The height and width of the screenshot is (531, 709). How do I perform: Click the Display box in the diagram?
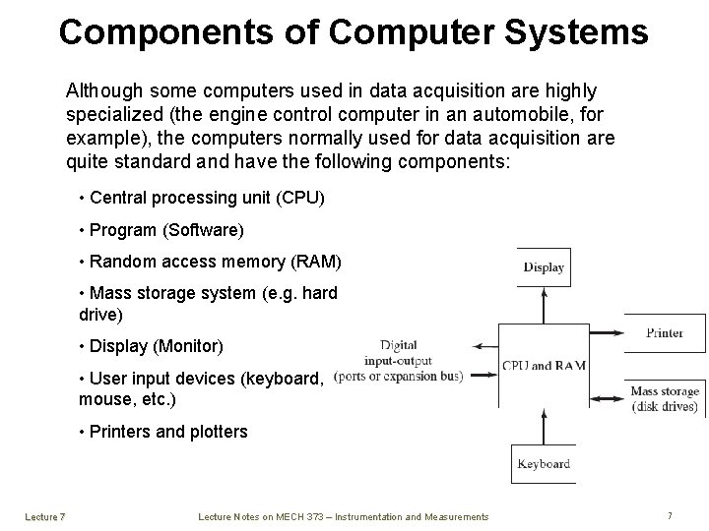pos(544,266)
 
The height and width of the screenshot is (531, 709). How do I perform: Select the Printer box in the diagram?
pos(665,333)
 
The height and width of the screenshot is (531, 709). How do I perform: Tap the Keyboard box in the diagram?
pos(543,463)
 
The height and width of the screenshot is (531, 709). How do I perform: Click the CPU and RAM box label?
pos(544,366)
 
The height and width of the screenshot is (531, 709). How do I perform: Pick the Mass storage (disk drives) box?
pos(665,398)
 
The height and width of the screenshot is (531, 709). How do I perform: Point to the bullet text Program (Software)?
pos(166,230)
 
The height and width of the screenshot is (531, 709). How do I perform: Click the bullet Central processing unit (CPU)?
pos(206,198)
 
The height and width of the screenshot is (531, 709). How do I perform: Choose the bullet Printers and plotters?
pos(168,432)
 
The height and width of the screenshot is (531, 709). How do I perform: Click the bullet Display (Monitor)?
pos(157,346)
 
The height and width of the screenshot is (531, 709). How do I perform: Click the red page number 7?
pos(669,515)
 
